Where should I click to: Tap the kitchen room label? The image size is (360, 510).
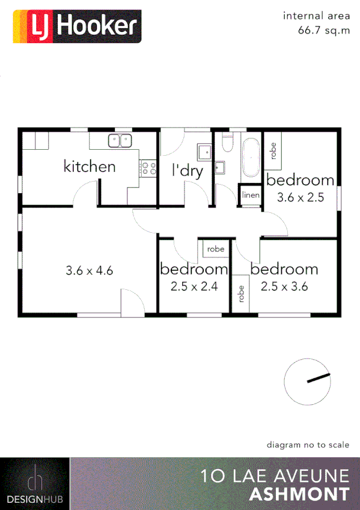pos(90,166)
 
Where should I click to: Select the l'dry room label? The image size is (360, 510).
pos(188,170)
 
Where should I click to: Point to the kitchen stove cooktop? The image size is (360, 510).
pos(148,168)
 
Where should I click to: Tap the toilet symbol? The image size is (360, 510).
pos(227,143)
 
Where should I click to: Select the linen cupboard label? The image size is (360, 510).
pos(251,196)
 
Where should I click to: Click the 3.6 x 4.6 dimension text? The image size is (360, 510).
pos(90,271)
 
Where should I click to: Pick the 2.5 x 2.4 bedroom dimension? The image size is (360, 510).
pos(194,287)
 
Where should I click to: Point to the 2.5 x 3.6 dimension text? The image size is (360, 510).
pos(284,286)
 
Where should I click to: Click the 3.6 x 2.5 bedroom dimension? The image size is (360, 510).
pos(300,196)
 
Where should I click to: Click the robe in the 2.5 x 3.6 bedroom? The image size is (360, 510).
pos(241,293)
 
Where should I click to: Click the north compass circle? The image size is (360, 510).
pos(307,381)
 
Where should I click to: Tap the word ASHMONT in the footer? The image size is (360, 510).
pos(299,494)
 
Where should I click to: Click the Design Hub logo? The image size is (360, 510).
pos(35,484)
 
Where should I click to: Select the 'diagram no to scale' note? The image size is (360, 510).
pos(308,445)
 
